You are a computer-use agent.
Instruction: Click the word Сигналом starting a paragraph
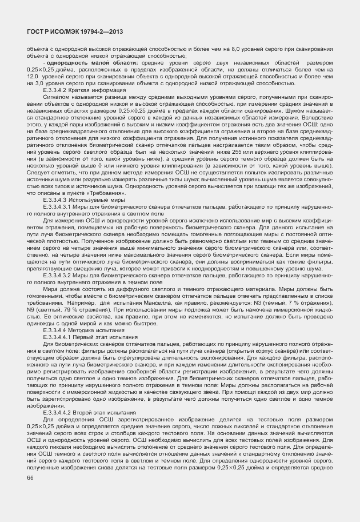[x=55, y=97]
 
